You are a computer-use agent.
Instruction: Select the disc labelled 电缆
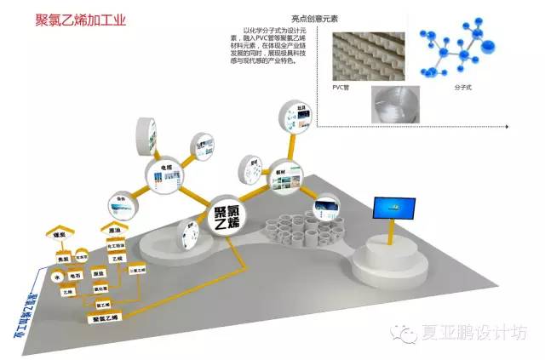click(x=163, y=175)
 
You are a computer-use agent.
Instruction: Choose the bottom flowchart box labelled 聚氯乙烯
click(x=106, y=317)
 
